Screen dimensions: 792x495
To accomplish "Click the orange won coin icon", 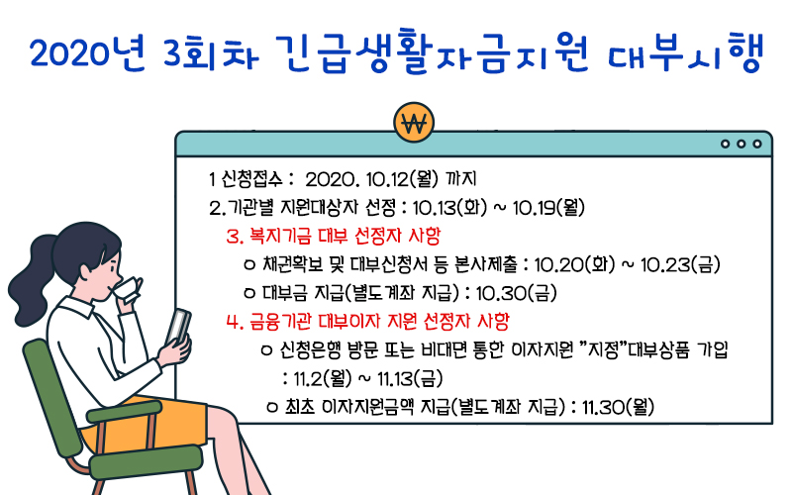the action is (x=414, y=123).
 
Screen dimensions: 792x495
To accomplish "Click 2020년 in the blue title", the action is (x=87, y=52).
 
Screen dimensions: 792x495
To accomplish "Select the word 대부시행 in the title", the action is (x=685, y=51).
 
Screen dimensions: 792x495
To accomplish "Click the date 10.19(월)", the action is (x=548, y=207).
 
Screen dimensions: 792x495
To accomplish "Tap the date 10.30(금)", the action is (x=516, y=292).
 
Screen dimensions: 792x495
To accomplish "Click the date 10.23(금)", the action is (x=680, y=264).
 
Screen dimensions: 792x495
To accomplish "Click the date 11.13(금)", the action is (x=403, y=378).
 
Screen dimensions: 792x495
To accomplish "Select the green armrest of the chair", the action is (x=125, y=412).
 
